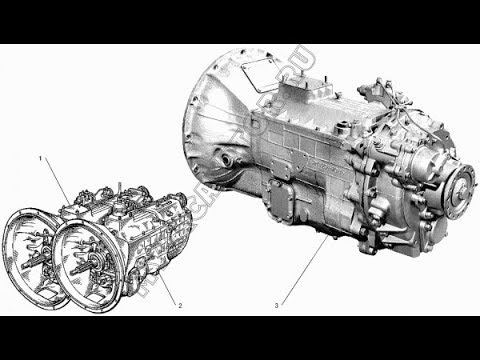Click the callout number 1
[x=40, y=159]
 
